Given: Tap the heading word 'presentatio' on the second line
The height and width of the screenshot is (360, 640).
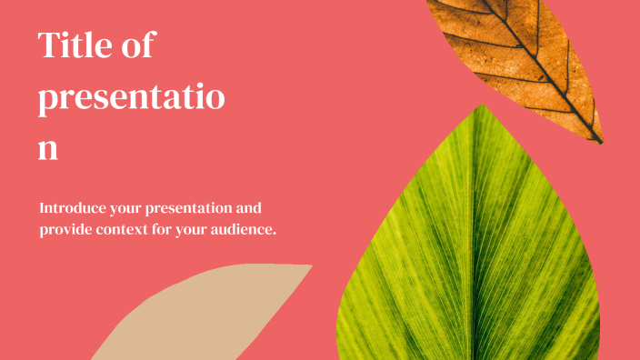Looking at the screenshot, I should [x=131, y=98].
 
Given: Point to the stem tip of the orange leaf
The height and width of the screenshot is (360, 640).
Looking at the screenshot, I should [x=600, y=142].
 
